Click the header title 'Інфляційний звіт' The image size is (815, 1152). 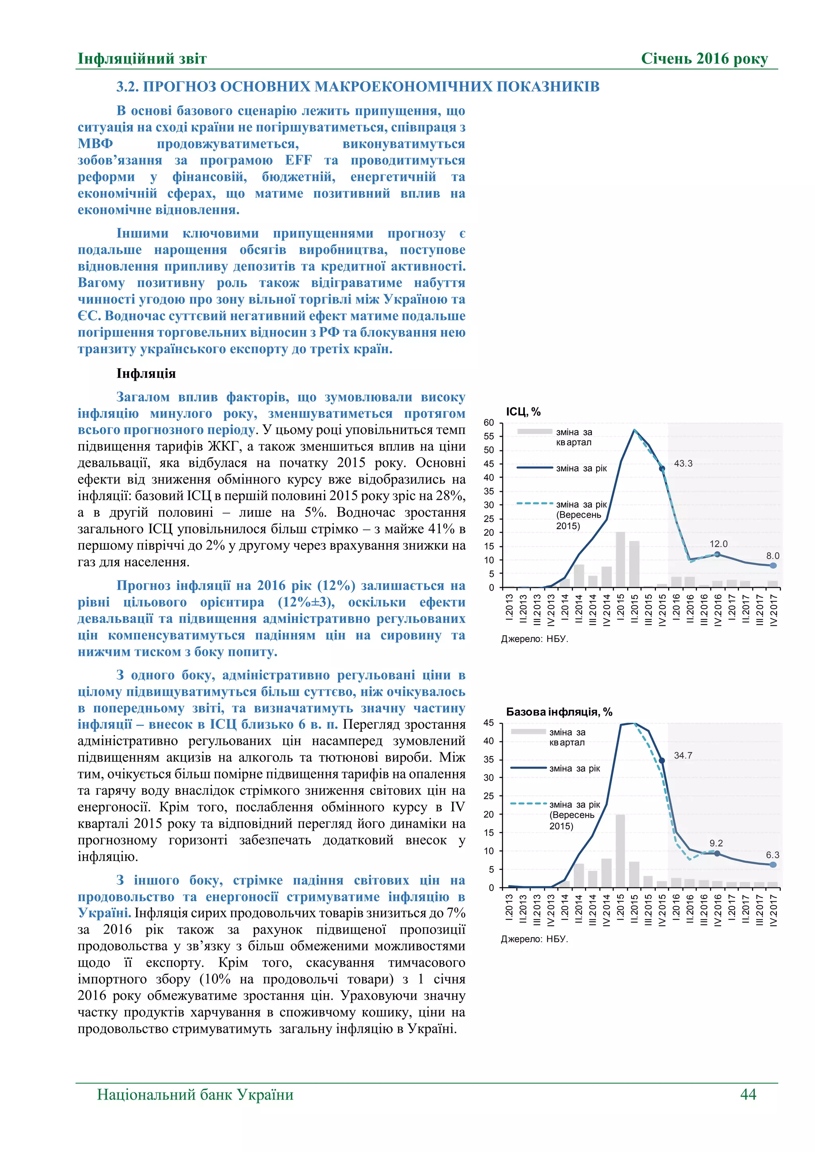142,59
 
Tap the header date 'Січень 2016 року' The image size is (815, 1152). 704,59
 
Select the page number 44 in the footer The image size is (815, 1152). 748,1094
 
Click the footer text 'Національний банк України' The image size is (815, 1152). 195,1094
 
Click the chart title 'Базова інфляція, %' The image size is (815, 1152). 559,712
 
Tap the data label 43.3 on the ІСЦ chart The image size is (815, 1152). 683,463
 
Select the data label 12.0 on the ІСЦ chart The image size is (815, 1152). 718,544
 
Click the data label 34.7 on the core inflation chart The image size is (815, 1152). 683,755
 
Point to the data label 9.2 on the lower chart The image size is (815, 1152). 716,843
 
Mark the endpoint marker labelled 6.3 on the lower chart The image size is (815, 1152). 773,864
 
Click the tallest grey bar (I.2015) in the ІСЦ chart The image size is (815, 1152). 620,559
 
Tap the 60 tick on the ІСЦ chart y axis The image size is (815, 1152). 489,422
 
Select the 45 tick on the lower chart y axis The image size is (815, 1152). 489,723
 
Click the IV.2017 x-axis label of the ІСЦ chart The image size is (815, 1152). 773,610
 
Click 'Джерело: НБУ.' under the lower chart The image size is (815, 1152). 534,939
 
